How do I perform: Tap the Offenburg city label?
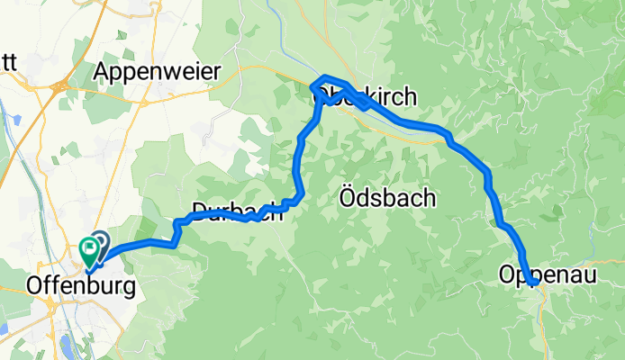[82, 285]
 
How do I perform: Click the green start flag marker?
[89, 249]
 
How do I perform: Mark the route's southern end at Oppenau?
[534, 283]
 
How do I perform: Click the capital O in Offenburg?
[37, 285]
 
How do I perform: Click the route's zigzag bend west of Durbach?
[177, 230]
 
